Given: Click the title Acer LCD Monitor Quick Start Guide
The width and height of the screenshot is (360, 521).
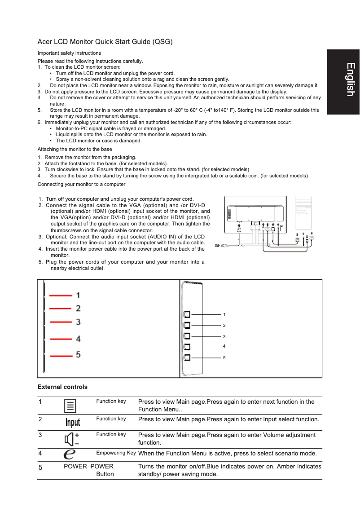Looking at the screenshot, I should click(105, 42).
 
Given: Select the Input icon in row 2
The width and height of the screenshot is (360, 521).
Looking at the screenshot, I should click(73, 422).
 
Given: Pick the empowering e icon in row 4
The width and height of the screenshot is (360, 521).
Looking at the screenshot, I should click(70, 454).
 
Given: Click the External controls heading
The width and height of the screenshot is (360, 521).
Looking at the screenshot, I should click(62, 387).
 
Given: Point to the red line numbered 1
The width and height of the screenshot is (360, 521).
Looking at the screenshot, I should click(61, 296).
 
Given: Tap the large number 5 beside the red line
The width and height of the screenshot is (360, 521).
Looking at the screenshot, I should click(78, 355).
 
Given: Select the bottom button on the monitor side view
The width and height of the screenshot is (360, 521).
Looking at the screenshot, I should click(187, 358).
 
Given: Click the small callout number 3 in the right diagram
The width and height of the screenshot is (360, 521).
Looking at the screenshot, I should click(224, 336).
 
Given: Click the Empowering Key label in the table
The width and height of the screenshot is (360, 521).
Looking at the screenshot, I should click(116, 453).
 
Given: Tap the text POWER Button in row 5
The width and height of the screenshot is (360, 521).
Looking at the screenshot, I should click(105, 470).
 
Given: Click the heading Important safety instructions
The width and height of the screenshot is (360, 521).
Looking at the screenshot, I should click(69, 53).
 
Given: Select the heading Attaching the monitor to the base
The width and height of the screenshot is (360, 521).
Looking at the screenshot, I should click(75, 149).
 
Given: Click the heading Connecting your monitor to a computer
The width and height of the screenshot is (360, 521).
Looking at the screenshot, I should click(81, 184).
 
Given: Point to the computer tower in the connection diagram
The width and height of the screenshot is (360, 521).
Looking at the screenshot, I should click(303, 214).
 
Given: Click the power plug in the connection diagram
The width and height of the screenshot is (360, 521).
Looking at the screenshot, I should click(218, 245).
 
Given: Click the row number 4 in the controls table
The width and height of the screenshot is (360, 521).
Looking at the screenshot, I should click(40, 453).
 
